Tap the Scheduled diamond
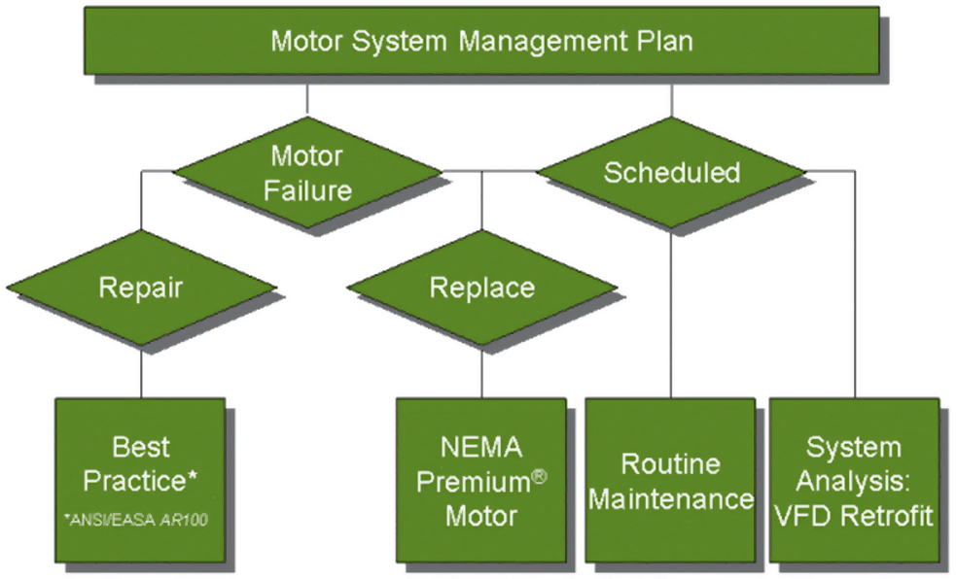point(671,173)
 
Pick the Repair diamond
point(141,288)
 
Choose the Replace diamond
point(481,288)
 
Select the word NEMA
point(481,448)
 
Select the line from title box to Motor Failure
point(308,99)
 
